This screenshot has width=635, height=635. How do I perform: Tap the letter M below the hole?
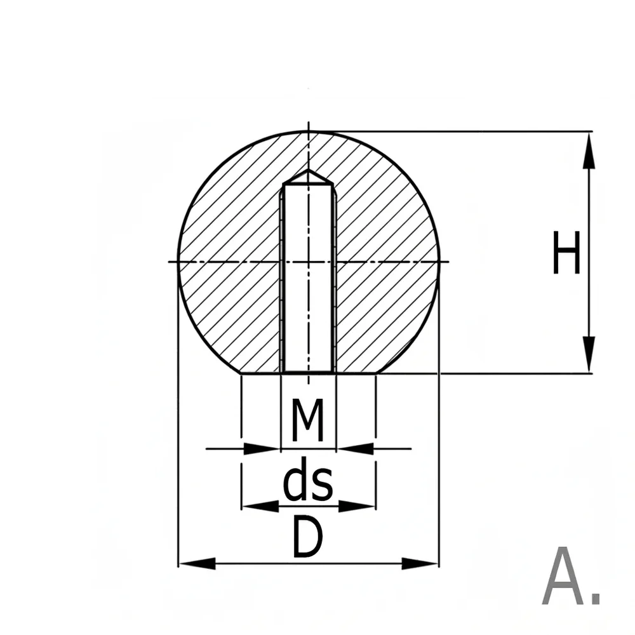308,420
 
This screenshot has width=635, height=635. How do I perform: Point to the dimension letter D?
308,537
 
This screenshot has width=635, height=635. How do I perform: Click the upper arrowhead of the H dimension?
589,150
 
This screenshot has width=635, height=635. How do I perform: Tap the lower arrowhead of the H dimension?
589,354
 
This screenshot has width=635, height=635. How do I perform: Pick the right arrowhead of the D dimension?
420,563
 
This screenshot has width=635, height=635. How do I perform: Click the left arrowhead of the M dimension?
262,449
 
